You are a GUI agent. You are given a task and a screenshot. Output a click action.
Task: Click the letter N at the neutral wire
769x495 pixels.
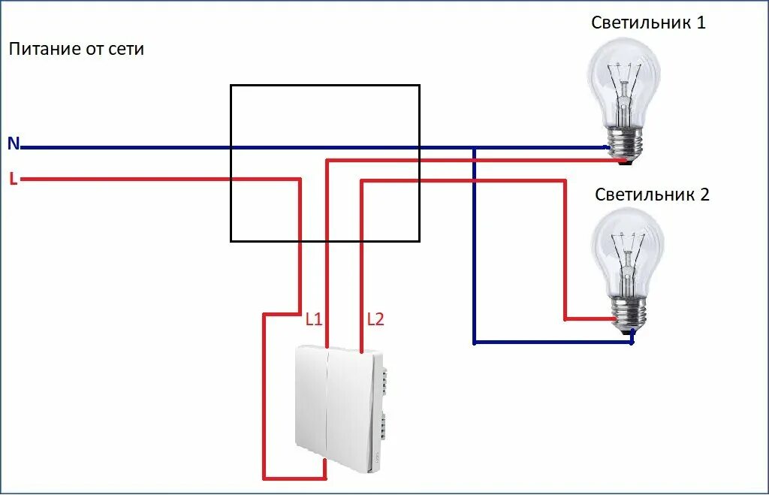coord(14,143)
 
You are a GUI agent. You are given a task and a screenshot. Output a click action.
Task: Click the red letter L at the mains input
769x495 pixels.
coord(13,179)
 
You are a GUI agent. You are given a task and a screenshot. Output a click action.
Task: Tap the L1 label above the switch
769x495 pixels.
coord(313,319)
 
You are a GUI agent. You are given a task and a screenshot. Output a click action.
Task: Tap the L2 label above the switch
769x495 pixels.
coord(375,319)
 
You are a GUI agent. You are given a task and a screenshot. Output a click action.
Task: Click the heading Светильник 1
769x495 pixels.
coord(648,23)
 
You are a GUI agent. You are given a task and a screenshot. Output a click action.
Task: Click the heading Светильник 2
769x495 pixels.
coord(652,195)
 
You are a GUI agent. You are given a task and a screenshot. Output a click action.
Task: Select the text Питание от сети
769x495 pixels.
coord(76,50)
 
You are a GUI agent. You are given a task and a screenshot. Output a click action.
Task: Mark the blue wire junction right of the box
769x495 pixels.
coord(474,148)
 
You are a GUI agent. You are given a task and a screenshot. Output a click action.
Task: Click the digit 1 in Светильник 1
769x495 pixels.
coord(701,23)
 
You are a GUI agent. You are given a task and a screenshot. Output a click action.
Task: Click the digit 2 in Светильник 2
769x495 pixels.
coord(704,195)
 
